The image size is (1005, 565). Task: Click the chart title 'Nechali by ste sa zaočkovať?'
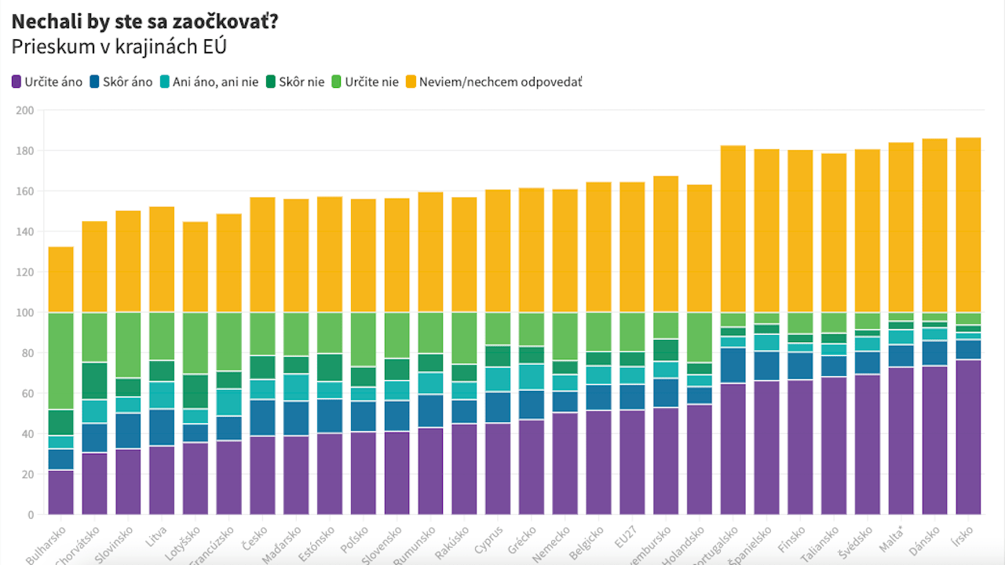[x=144, y=22]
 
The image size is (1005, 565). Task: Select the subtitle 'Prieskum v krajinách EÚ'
[x=119, y=47]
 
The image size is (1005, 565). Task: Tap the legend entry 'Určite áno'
[x=47, y=82]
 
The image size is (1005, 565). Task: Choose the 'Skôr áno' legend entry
[x=121, y=82]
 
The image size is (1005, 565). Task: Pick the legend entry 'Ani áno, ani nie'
[x=209, y=82]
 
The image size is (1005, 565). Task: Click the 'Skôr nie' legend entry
[x=294, y=82]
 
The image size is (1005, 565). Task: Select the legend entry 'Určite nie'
[x=364, y=82]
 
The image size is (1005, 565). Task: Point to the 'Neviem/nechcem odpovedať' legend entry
[x=493, y=82]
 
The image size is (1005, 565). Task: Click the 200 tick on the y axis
[x=24, y=111]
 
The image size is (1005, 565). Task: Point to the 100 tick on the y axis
[x=24, y=313]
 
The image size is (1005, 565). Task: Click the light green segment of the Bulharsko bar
[x=60, y=362]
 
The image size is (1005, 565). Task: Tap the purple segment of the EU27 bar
[x=632, y=462]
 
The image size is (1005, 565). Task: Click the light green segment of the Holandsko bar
[x=699, y=337]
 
